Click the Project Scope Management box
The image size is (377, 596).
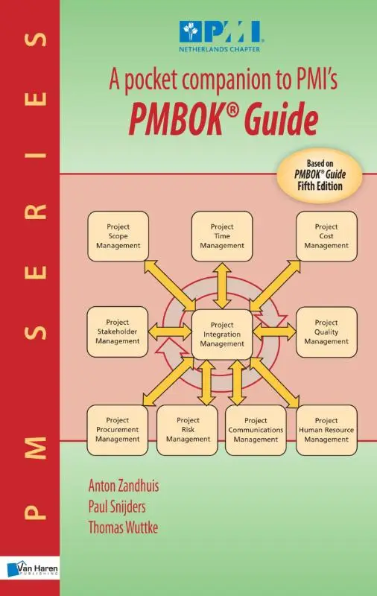click(118, 236)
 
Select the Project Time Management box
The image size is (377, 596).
click(221, 236)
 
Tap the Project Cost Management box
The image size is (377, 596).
click(326, 236)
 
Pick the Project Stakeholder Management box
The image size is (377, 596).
click(118, 331)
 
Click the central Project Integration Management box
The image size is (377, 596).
click(221, 335)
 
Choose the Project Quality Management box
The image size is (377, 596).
click(326, 331)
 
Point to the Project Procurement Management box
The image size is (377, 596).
click(118, 430)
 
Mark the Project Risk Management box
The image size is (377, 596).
click(188, 430)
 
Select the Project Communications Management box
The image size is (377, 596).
click(256, 430)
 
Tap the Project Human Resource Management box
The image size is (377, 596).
click(326, 430)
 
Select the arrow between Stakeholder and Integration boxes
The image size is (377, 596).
click(171, 331)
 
